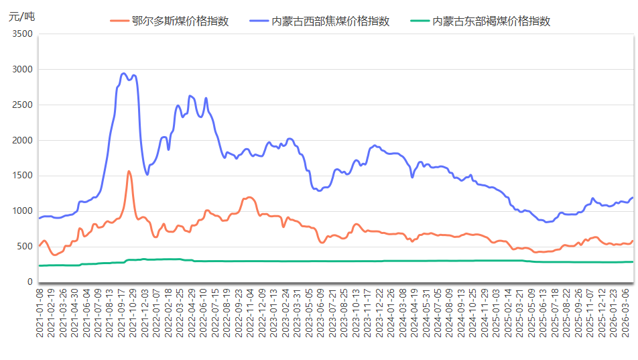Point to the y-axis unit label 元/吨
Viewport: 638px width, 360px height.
click(21, 17)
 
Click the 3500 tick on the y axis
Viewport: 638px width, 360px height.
click(22, 34)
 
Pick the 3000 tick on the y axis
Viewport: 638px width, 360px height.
click(22, 70)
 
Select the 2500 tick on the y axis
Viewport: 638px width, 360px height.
click(22, 105)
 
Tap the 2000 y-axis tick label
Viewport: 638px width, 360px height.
click(22, 141)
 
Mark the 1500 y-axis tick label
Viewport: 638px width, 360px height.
click(22, 176)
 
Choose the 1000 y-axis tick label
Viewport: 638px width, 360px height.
click(22, 211)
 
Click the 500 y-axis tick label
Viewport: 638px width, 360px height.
click(25, 247)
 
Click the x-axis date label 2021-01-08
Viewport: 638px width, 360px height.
click(40, 312)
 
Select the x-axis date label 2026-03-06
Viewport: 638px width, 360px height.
click(624, 312)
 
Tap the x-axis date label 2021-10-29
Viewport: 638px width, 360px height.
click(134, 312)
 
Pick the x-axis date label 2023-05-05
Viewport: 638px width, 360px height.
click(309, 312)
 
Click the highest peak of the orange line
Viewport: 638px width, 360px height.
click(129, 172)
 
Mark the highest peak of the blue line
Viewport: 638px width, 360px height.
click(124, 74)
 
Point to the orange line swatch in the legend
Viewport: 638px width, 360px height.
click(119, 21)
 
